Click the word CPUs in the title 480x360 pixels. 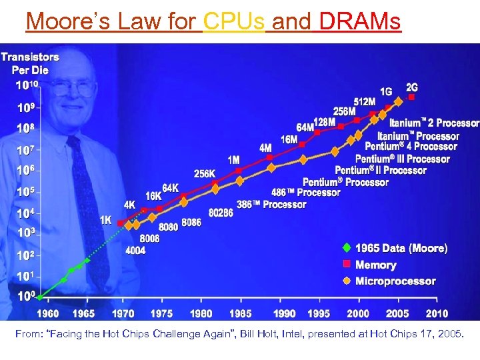pyautogui.click(x=234, y=21)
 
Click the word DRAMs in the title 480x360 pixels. pyautogui.click(x=360, y=21)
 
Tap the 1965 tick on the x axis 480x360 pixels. pyautogui.click(x=83, y=313)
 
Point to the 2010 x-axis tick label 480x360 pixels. pyautogui.click(x=437, y=313)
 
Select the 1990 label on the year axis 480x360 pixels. pyautogui.click(x=285, y=313)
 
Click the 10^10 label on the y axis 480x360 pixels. pyautogui.click(x=27, y=85)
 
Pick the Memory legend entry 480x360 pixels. pyautogui.click(x=375, y=265)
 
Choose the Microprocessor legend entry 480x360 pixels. pyautogui.click(x=395, y=281)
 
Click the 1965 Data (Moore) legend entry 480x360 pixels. pyautogui.click(x=401, y=248)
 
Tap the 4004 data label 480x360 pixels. pyautogui.click(x=135, y=251)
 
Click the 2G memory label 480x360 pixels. pyautogui.click(x=412, y=87)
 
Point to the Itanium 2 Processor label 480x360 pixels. pyautogui.click(x=434, y=123)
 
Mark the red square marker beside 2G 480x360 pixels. pyautogui.click(x=411, y=97)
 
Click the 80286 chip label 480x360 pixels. pyautogui.click(x=221, y=213)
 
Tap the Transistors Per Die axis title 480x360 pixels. pyautogui.click(x=29, y=63)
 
